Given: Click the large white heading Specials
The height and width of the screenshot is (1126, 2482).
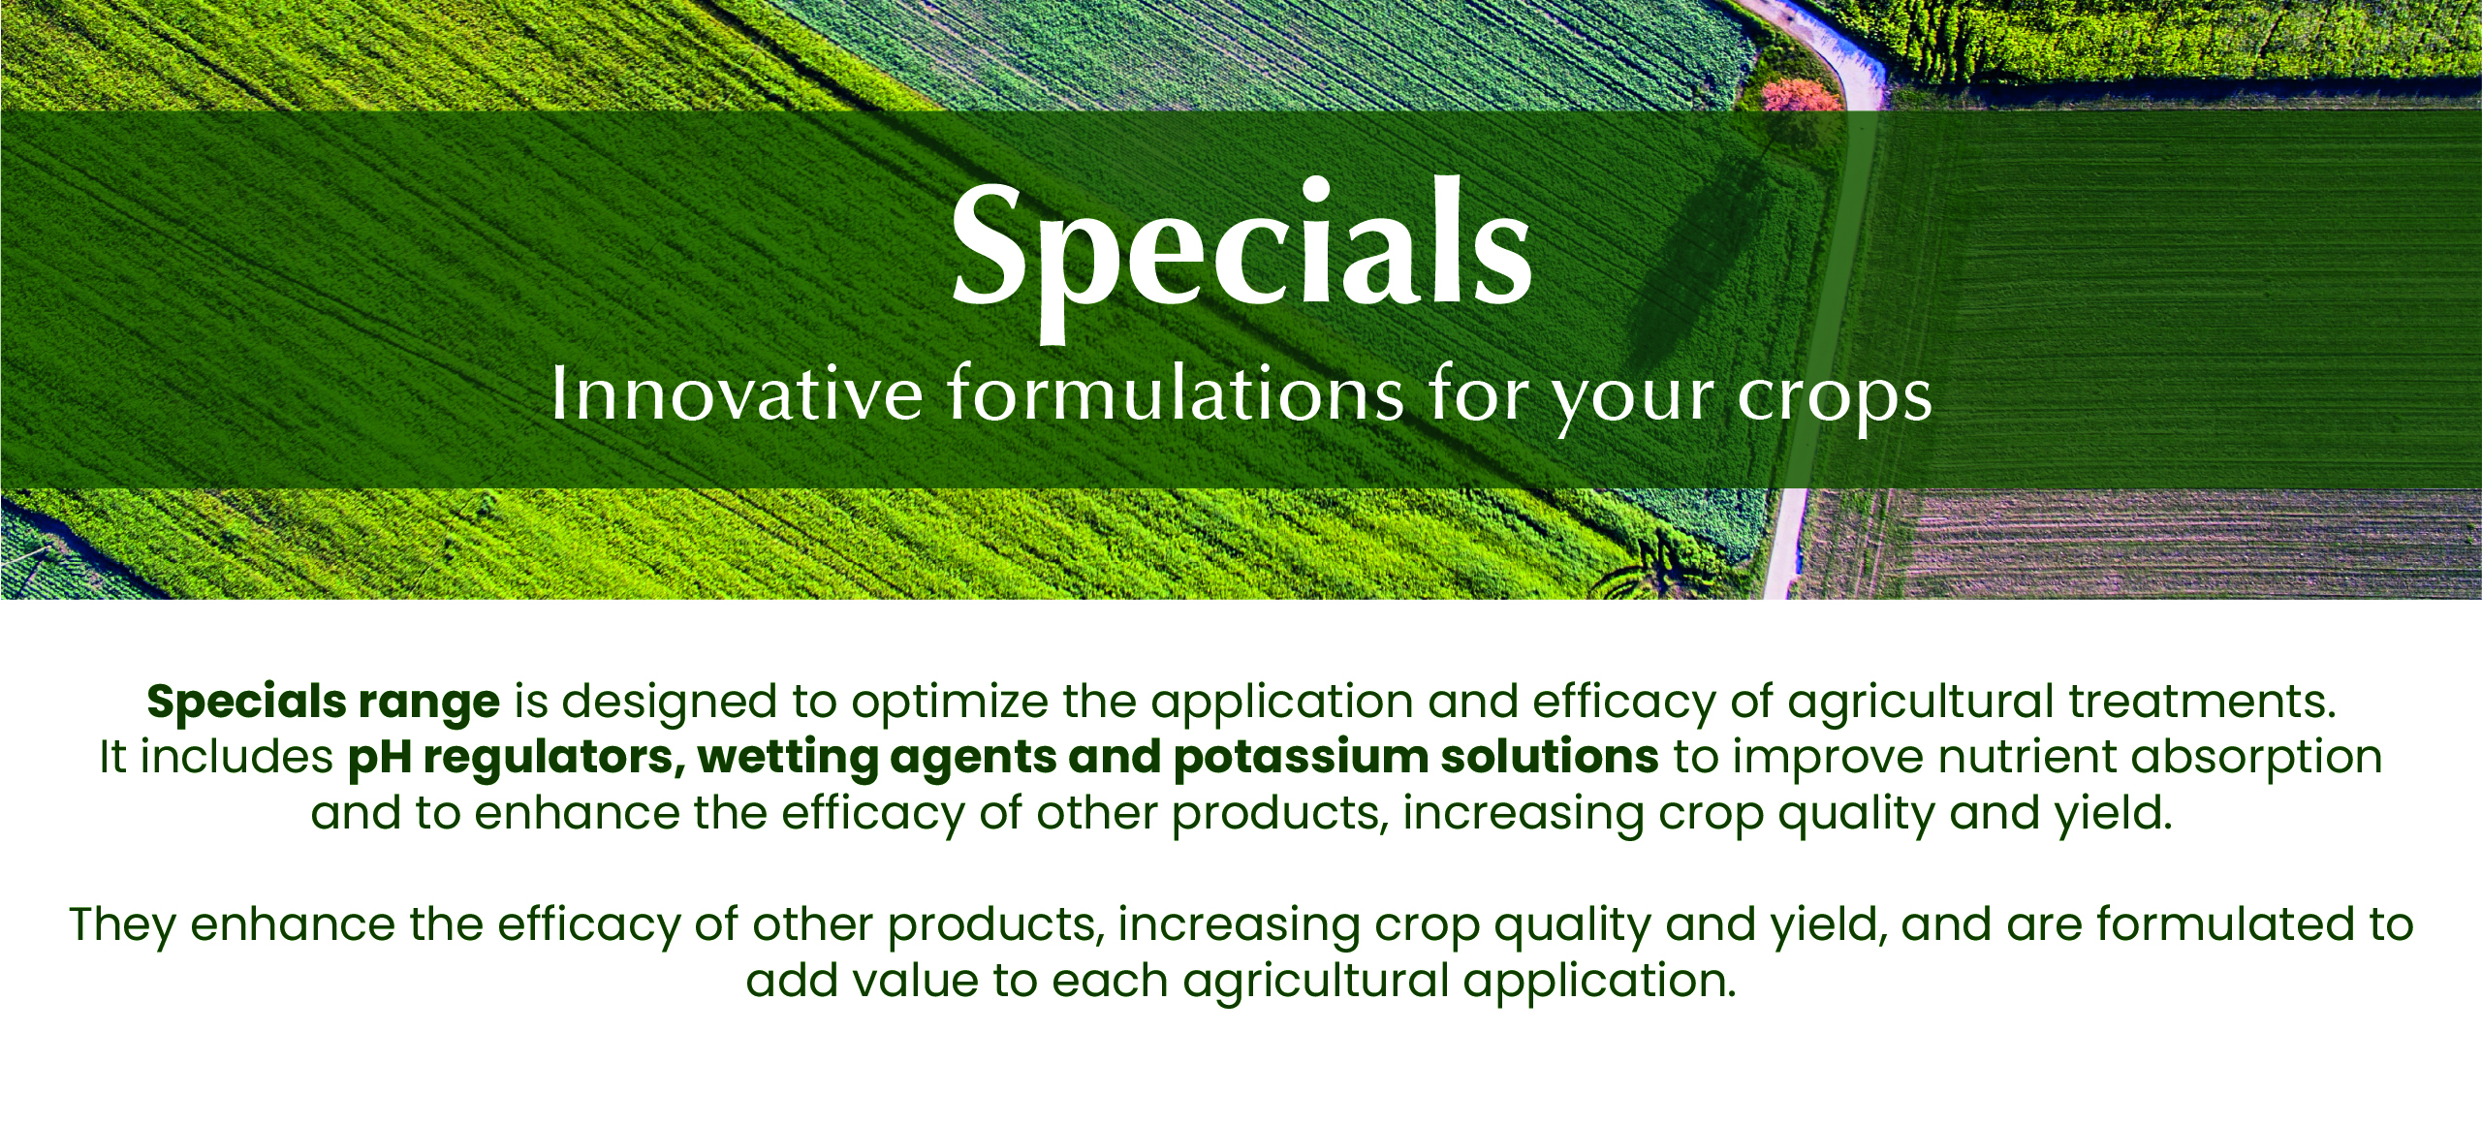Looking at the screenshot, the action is (x=1241, y=258).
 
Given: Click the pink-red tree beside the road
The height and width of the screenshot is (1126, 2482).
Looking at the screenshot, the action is (x=1801, y=95).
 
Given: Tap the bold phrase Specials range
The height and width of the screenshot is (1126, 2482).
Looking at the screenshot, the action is (x=324, y=703).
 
